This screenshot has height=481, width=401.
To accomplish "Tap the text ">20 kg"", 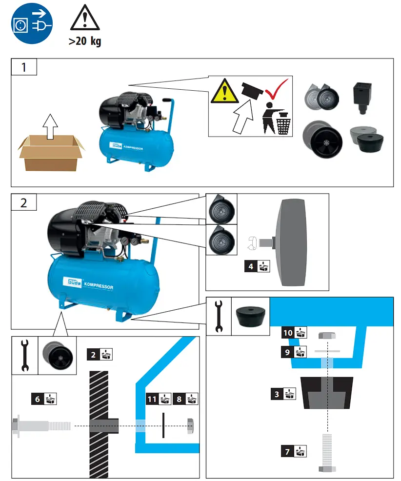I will [x=85, y=41].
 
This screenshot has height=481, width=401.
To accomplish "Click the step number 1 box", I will [x=24, y=67].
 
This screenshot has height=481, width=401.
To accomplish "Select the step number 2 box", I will [x=24, y=202].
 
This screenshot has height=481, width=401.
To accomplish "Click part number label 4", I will [x=251, y=266].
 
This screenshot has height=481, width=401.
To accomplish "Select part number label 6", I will [x=38, y=399].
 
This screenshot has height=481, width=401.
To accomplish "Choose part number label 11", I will [x=152, y=399].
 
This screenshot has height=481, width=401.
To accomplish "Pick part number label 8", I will [x=180, y=399].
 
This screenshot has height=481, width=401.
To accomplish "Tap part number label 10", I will [x=288, y=333].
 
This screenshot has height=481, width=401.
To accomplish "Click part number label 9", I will [x=288, y=351].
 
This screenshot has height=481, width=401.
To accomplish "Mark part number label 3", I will [x=277, y=394].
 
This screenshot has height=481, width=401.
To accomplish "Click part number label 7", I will [x=288, y=452].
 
